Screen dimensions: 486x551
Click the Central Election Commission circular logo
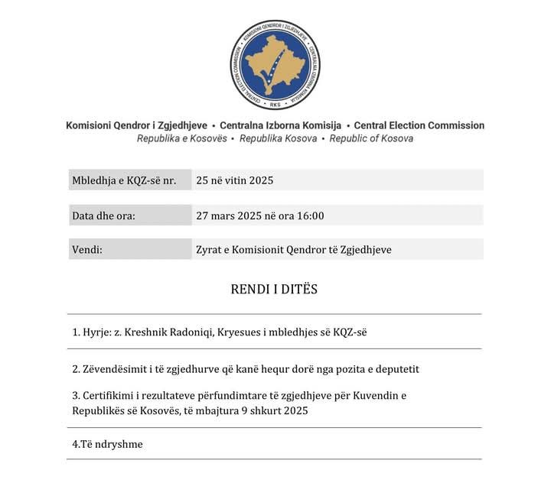click(275, 65)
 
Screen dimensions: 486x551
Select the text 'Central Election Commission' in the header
click(419, 125)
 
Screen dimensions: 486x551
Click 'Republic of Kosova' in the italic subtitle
click(371, 139)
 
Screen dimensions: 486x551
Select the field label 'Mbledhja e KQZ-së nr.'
click(124, 180)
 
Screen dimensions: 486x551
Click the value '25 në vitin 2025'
click(234, 180)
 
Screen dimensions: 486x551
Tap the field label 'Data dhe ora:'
click(103, 215)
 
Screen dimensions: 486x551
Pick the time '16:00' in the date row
click(310, 215)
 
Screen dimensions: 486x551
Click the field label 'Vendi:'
click(87, 250)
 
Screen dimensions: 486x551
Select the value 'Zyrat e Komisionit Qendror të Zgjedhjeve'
click(294, 250)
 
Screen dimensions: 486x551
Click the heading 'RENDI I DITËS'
click(274, 290)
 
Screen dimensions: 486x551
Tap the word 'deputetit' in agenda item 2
click(396, 369)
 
